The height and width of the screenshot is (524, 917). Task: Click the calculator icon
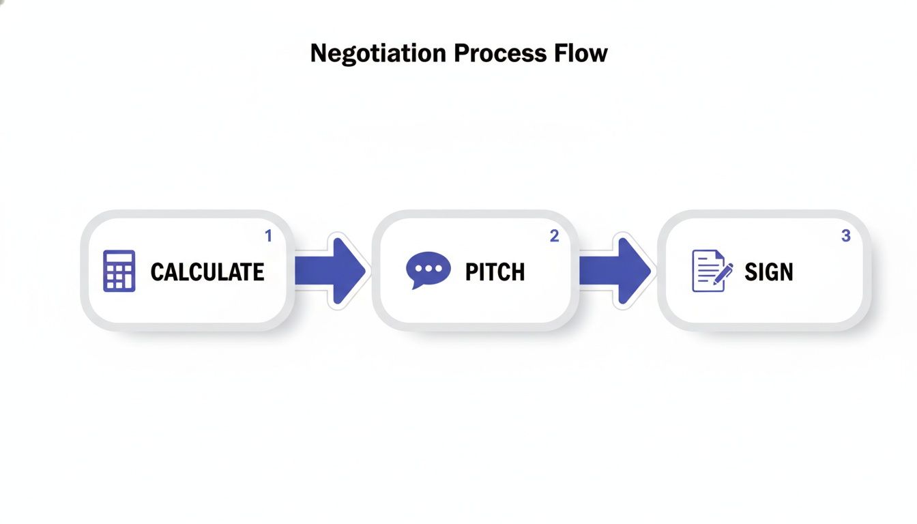(x=119, y=271)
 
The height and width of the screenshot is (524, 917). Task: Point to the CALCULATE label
(x=207, y=272)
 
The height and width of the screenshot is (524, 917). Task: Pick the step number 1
(x=268, y=236)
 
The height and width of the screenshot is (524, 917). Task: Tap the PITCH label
(x=495, y=272)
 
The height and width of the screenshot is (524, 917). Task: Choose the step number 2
(x=554, y=236)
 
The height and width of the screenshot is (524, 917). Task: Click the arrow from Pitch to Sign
(x=617, y=271)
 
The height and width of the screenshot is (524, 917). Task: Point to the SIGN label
(x=769, y=272)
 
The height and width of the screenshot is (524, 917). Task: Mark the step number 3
(x=845, y=236)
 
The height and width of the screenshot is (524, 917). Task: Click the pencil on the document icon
(x=723, y=274)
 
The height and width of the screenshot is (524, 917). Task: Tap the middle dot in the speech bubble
(x=428, y=267)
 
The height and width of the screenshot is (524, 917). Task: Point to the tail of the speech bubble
(x=415, y=285)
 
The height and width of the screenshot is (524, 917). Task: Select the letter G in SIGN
(x=770, y=272)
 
